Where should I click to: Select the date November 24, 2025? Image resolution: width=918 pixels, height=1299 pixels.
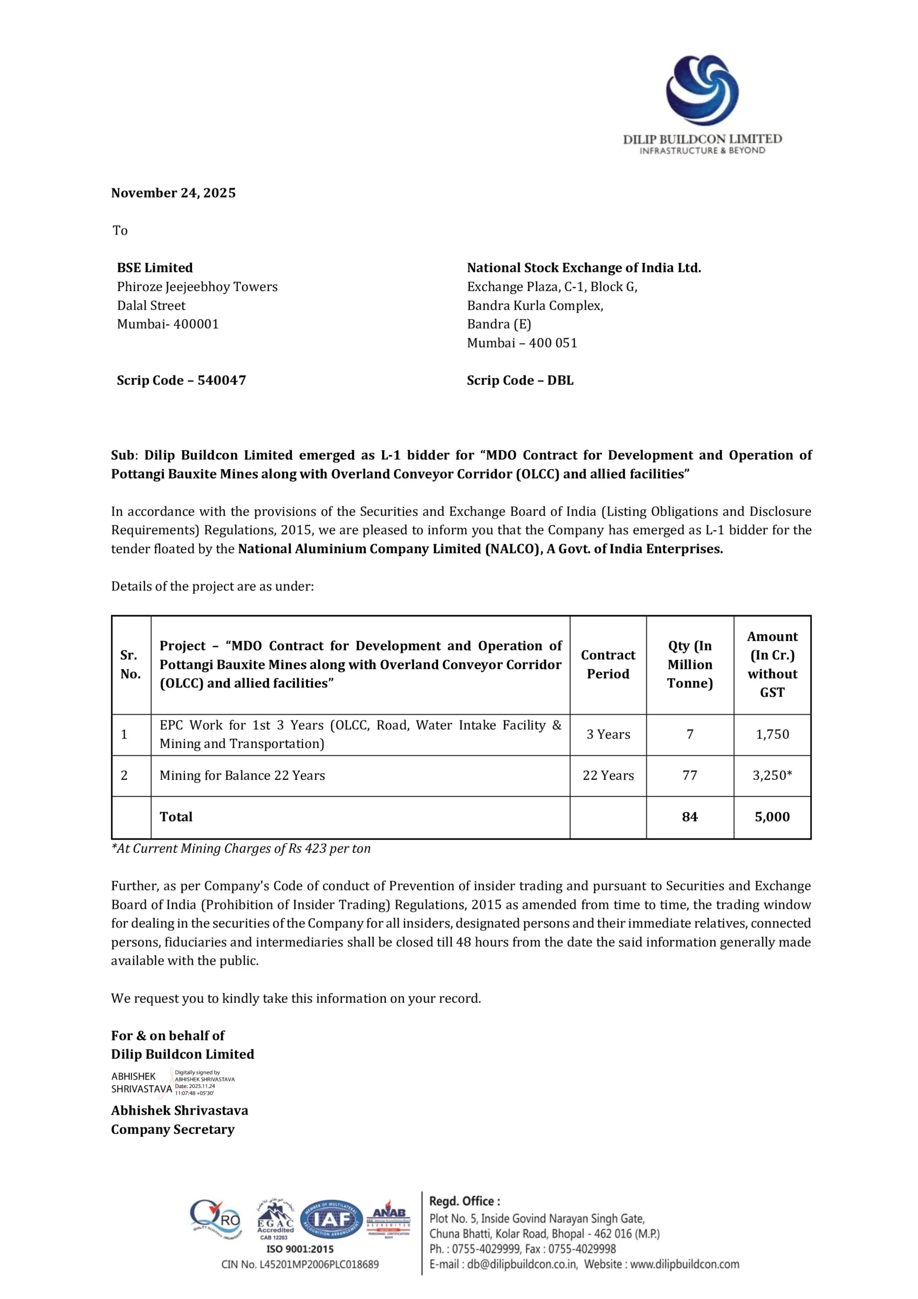(173, 193)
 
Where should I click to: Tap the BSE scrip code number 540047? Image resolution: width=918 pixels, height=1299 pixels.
(221, 380)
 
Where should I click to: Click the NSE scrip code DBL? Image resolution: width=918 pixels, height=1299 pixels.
(560, 380)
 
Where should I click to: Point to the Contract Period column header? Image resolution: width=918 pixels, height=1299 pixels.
(608, 664)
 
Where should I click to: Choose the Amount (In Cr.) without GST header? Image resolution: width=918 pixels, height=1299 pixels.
(772, 664)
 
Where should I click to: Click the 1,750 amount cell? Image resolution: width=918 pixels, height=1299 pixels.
(772, 734)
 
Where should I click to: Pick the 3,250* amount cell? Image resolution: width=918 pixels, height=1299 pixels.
(772, 776)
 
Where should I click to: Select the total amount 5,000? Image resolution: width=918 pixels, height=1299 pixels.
(772, 817)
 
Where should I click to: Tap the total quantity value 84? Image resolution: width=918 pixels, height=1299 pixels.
(690, 817)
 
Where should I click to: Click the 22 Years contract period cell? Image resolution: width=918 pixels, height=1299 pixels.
(608, 776)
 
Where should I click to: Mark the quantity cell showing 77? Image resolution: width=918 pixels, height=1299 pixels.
(690, 776)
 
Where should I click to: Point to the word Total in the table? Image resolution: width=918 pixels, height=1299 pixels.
(176, 817)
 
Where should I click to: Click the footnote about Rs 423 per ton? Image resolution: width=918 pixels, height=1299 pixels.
(241, 849)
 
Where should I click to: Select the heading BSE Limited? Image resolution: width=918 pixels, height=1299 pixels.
(154, 268)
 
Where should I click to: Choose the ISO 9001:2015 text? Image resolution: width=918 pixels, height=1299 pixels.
(300, 1249)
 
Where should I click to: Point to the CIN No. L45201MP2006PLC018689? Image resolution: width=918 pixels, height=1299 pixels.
(300, 1264)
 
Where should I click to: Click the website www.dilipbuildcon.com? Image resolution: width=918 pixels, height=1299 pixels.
(684, 1264)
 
